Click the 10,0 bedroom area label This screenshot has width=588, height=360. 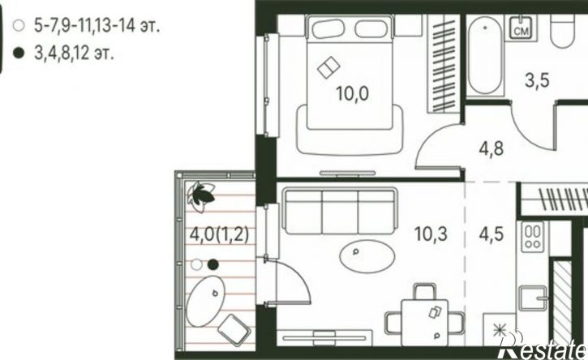(352, 93)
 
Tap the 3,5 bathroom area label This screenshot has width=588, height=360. (537, 80)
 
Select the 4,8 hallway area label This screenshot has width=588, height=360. (491, 148)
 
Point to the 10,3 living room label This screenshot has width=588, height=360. (431, 234)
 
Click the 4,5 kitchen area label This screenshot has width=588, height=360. (491, 234)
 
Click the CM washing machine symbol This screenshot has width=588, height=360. (521, 28)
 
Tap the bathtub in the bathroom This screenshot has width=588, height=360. (485, 55)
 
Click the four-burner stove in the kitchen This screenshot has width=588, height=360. (533, 237)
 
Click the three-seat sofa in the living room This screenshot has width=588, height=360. (339, 211)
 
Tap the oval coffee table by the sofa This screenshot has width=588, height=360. (367, 256)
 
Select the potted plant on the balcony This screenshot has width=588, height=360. (201, 195)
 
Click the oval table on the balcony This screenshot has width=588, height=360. (205, 301)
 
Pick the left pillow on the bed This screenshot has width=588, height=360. (328, 29)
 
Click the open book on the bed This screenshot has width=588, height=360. (328, 67)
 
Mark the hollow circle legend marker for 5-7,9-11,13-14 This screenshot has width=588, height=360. (18, 26)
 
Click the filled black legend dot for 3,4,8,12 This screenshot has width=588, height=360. (18, 54)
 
